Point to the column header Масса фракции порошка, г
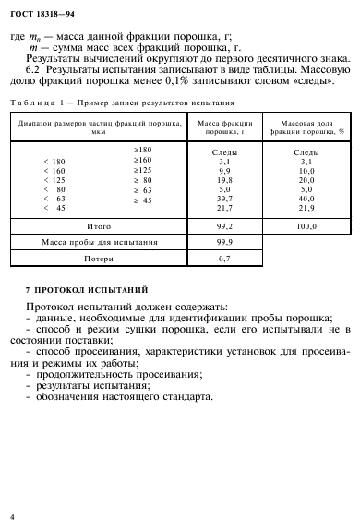(x=219, y=126)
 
